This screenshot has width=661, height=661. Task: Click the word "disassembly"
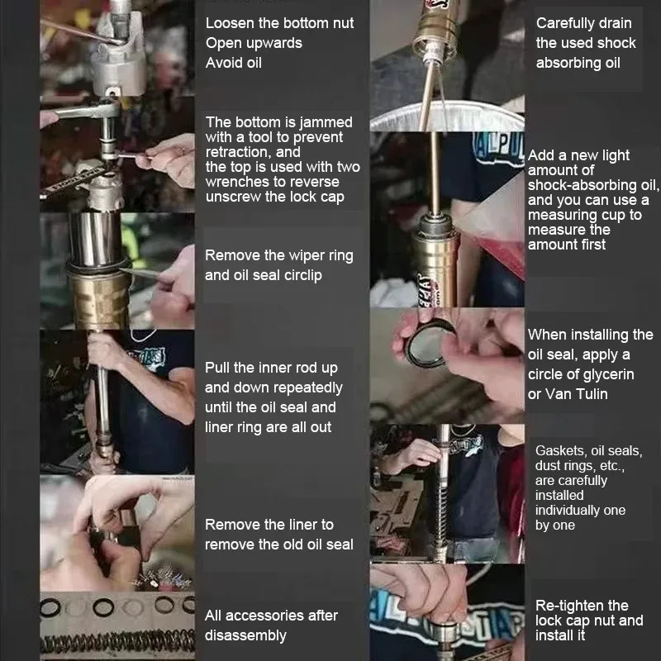(245, 635)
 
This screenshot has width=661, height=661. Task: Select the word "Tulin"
(592, 394)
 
